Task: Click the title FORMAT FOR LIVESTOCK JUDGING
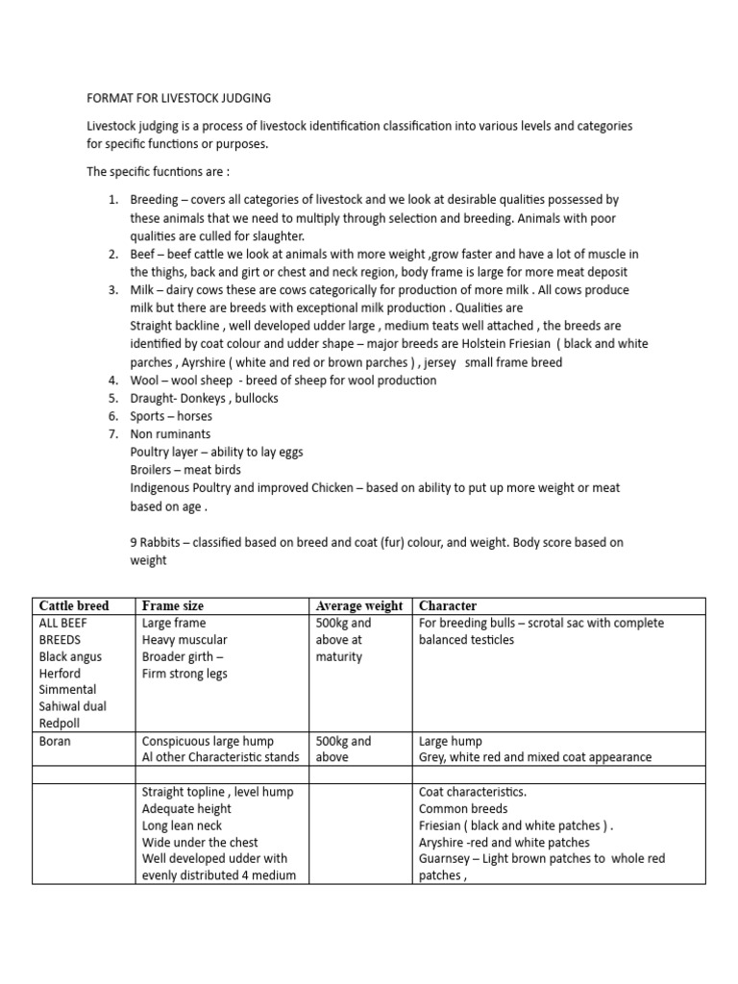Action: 179,98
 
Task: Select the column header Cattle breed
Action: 74,606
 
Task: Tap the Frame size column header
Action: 173,606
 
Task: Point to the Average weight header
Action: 359,606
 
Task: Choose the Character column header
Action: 448,606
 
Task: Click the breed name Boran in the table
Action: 55,741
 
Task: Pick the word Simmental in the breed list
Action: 66,690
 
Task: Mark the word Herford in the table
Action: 61,674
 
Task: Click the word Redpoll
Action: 61,723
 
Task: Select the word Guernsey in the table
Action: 447,858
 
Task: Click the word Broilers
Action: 154,470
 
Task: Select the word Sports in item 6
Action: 149,416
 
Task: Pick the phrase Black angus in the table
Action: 70,657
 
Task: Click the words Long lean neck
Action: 182,825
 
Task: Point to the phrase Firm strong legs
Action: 185,674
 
